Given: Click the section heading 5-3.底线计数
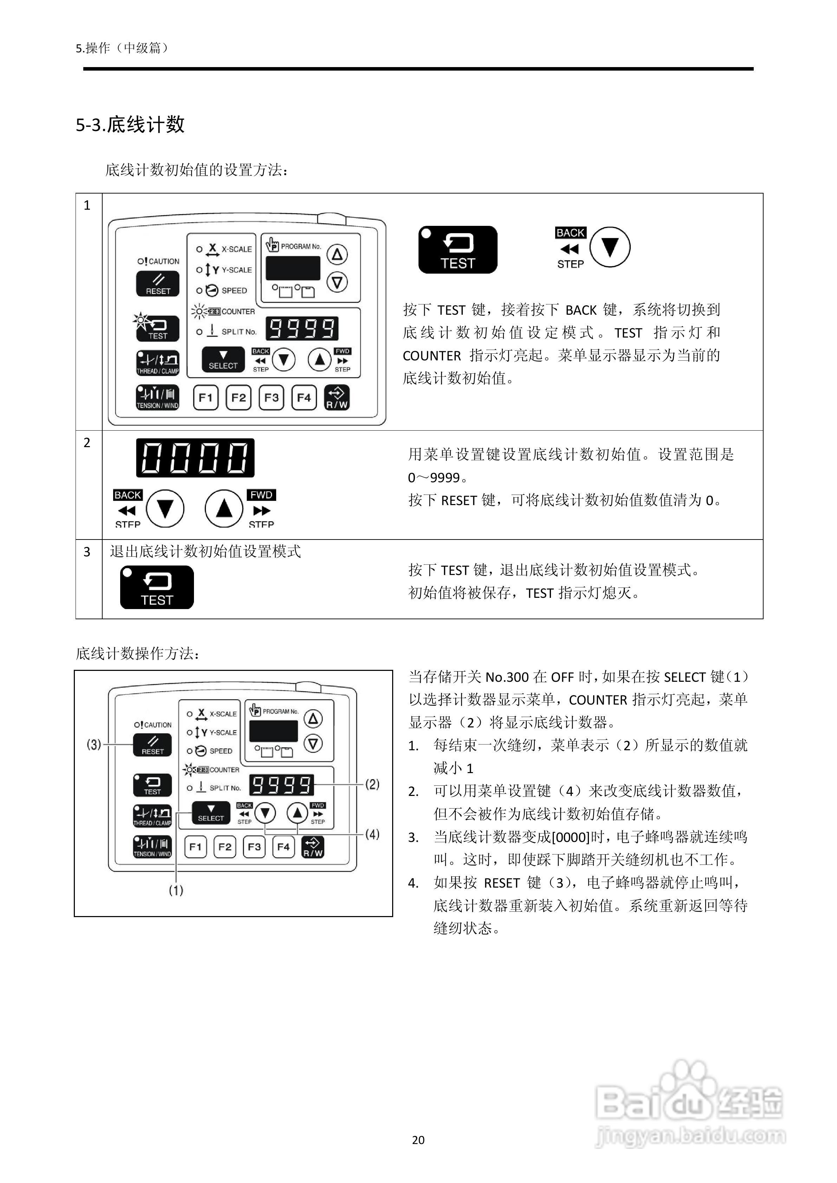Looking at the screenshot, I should pos(130,125).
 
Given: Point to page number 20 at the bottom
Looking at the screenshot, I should pos(418,1140).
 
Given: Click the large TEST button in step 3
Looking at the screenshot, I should pos(157,587).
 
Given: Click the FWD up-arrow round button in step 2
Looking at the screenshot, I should pos(224,509).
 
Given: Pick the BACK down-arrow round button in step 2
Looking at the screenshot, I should pos(165,509).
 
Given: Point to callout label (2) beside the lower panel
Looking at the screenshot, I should pos(372,784).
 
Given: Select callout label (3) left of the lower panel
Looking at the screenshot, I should pos(94,745).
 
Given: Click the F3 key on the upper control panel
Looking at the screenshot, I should pos(271,397).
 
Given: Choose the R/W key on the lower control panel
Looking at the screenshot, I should pos(313,847).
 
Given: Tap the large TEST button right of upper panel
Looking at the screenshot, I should pos(458,250).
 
